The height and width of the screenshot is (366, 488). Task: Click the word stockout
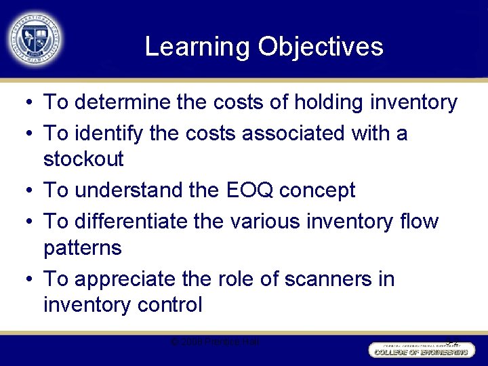[83, 160]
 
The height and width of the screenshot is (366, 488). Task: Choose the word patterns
[82, 248]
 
